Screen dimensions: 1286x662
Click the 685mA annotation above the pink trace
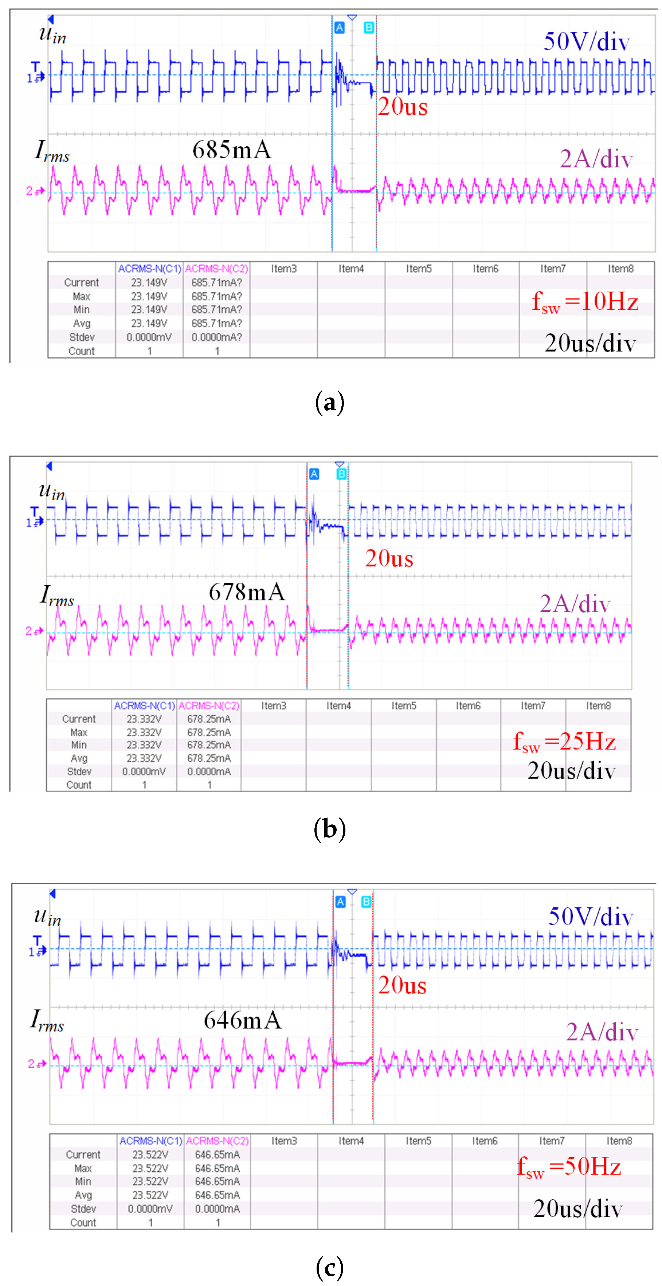(x=231, y=150)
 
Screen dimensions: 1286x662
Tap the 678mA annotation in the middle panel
(x=247, y=592)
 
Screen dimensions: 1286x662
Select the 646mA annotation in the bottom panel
(x=242, y=1020)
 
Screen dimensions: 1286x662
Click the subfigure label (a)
(x=330, y=402)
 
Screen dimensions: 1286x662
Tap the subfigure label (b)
(x=330, y=829)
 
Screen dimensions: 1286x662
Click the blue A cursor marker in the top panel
(x=339, y=28)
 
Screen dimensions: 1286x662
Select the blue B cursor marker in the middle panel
(x=341, y=474)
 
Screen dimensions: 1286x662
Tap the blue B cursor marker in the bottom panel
(x=366, y=902)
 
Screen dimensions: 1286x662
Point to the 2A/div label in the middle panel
(x=575, y=604)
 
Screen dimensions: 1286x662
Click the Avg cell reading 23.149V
(x=149, y=324)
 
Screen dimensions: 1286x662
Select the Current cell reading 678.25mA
(x=209, y=719)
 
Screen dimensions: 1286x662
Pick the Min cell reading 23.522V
(x=150, y=1182)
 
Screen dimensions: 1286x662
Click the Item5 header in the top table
(x=419, y=269)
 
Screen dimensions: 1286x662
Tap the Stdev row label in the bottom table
(x=83, y=1208)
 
